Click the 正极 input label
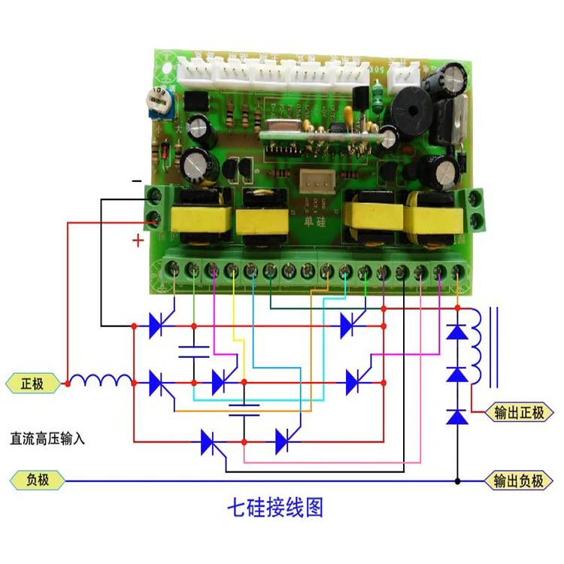point(32,384)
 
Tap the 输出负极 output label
point(518,481)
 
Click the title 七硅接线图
point(275,508)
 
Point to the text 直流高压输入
point(47,437)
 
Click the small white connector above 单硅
point(314,181)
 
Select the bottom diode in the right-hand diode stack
point(456,416)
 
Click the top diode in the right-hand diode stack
point(456,330)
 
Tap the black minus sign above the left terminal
point(136,181)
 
